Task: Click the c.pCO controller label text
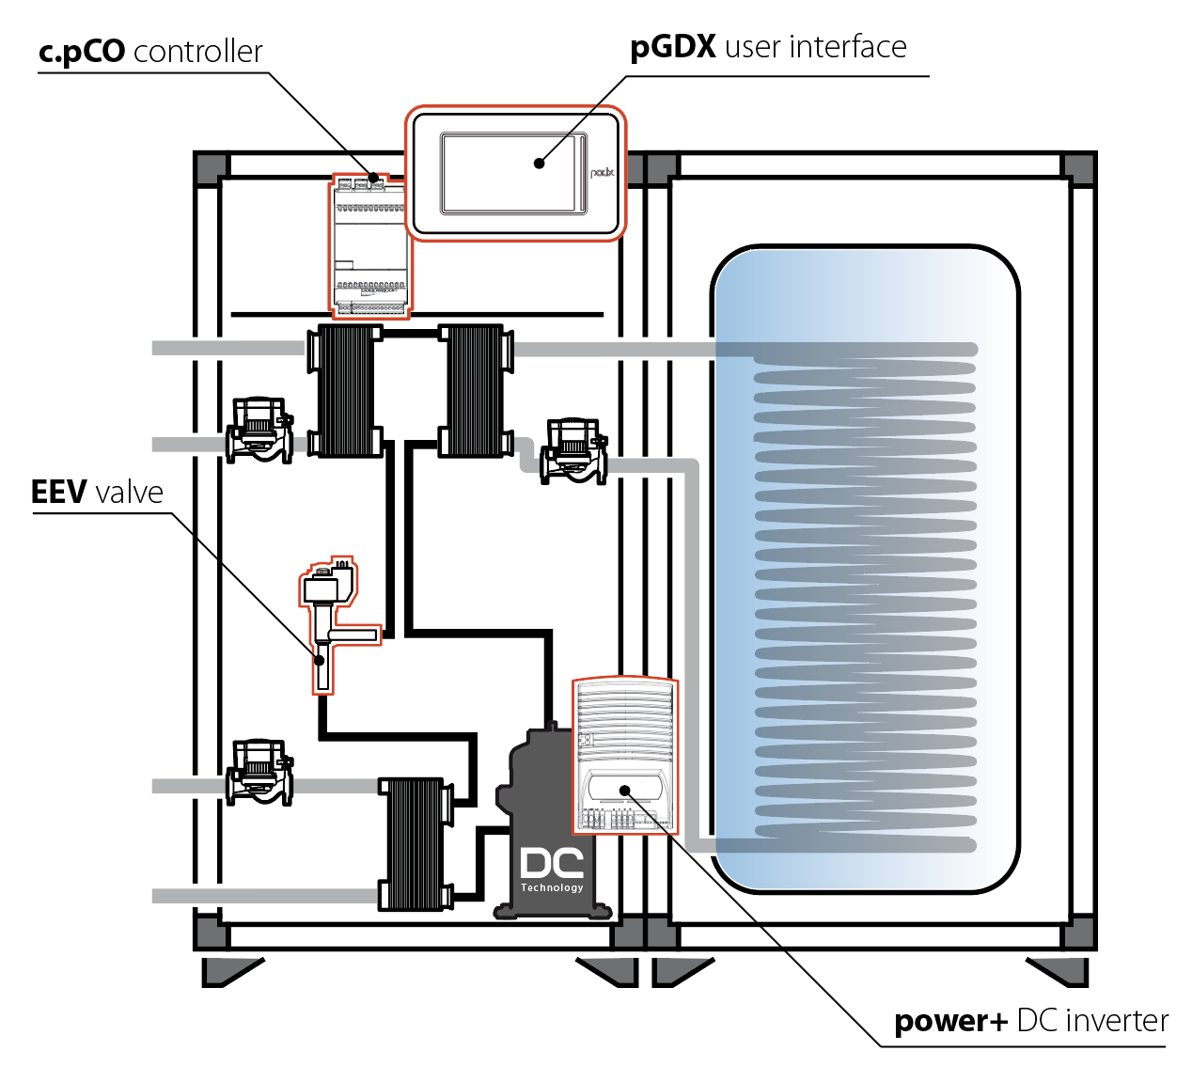150,51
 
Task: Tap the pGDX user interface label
768,47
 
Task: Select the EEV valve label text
97,493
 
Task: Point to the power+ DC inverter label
1030,1020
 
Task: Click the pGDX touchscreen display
512,172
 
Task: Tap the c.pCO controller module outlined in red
370,246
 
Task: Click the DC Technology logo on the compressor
552,869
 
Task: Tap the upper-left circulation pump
259,431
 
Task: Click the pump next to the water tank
573,451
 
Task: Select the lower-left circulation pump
259,772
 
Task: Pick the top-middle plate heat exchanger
475,390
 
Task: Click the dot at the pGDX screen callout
539,163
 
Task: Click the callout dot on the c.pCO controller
374,177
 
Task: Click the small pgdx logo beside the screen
603,173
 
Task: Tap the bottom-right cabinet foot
1059,971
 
